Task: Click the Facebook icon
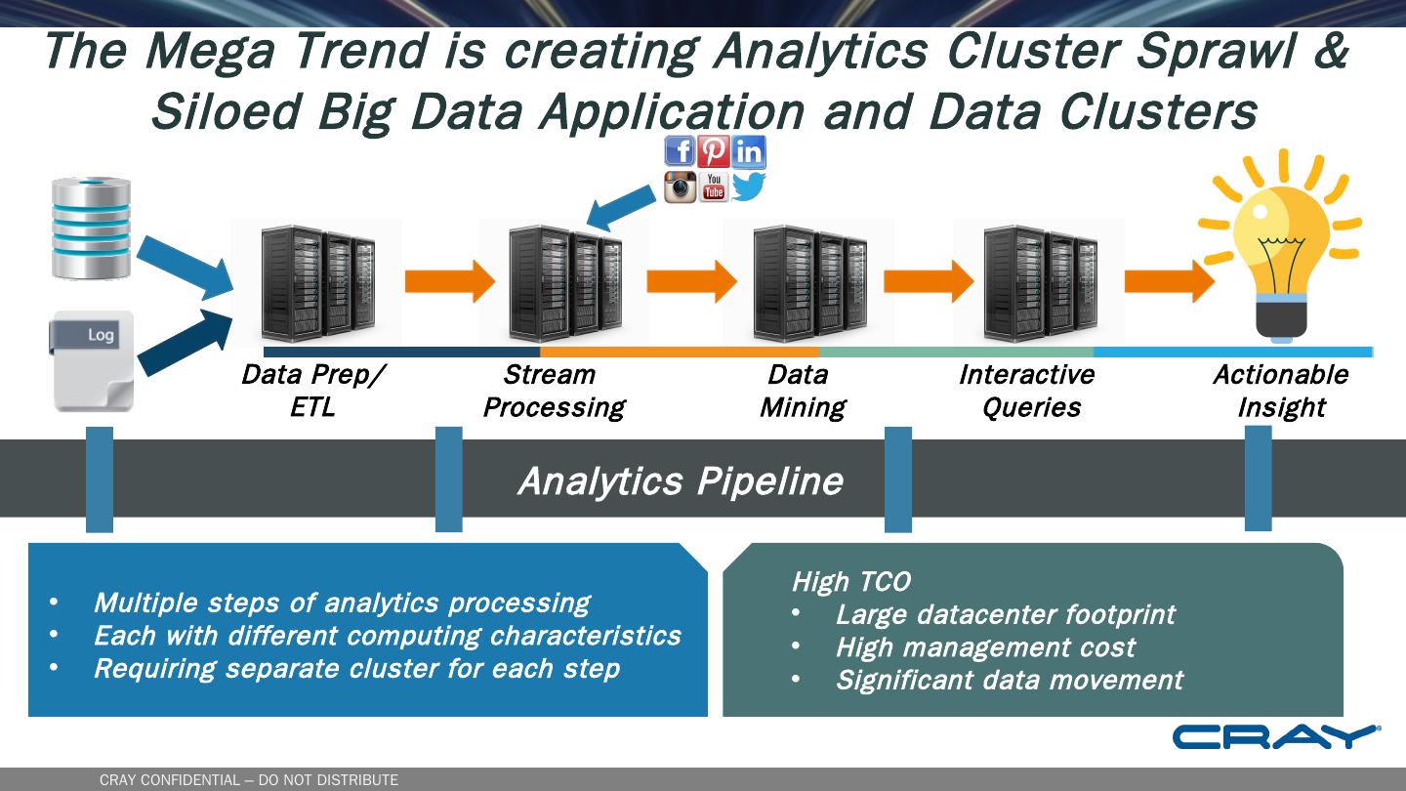pyautogui.click(x=680, y=152)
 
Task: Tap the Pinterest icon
pyautogui.click(x=714, y=152)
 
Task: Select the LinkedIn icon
pyautogui.click(x=749, y=152)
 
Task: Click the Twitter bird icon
pyautogui.click(x=749, y=187)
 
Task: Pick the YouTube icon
pyautogui.click(x=714, y=187)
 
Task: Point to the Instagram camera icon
pyautogui.click(x=680, y=187)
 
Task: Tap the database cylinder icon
pyautogui.click(x=91, y=229)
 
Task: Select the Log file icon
pyautogui.click(x=93, y=360)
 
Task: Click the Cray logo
pyautogui.click(x=1276, y=737)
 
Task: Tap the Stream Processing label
pyautogui.click(x=554, y=391)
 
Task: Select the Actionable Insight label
pyautogui.click(x=1280, y=391)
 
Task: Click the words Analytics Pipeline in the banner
pyautogui.click(x=680, y=481)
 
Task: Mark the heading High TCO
pyautogui.click(x=850, y=582)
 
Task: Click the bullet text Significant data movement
pyautogui.click(x=1009, y=680)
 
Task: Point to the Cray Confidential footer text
pyautogui.click(x=249, y=780)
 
